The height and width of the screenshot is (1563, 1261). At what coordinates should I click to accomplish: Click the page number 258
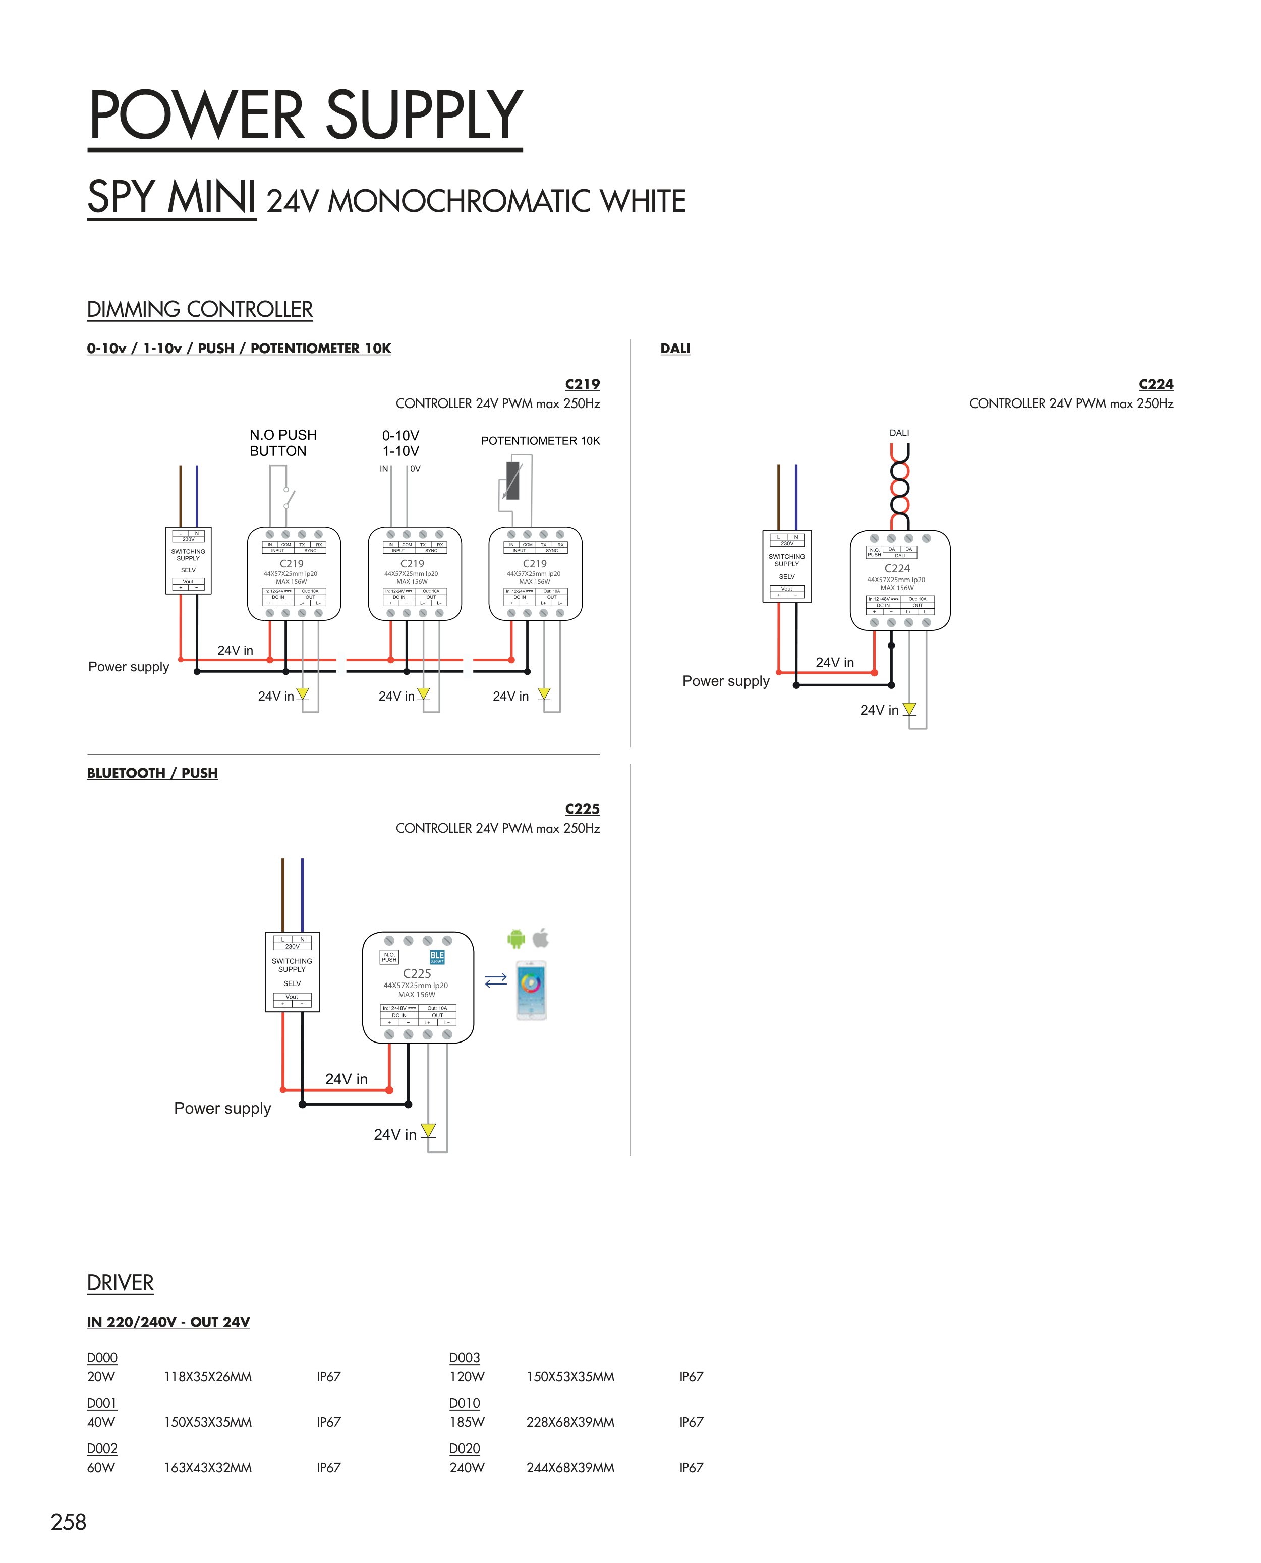coord(68,1522)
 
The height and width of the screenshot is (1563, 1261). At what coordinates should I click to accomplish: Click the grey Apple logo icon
coord(540,938)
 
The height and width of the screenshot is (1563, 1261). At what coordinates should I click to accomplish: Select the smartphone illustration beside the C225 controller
coord(531,990)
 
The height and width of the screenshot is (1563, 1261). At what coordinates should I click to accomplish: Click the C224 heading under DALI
coord(1155,384)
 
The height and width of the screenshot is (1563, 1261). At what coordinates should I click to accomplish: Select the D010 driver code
coord(464,1403)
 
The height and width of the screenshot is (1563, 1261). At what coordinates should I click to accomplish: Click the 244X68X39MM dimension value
coord(570,1467)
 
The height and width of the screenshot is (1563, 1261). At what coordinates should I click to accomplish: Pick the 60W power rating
coord(101,1467)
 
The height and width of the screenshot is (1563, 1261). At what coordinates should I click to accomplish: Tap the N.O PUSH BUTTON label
coord(282,442)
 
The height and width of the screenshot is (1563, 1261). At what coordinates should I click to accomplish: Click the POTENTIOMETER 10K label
coord(540,441)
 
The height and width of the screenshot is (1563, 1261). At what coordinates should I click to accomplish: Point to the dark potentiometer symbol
coord(513,481)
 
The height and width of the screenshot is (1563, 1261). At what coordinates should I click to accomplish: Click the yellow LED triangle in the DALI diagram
coord(909,708)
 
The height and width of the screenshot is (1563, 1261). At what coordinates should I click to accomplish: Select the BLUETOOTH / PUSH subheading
coord(152,773)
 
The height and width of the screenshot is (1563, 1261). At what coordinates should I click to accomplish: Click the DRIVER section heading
coord(121,1283)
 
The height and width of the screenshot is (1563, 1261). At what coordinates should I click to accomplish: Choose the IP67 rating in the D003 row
coord(691,1376)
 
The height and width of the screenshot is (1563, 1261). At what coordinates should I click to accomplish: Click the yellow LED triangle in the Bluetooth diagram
coord(428,1130)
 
